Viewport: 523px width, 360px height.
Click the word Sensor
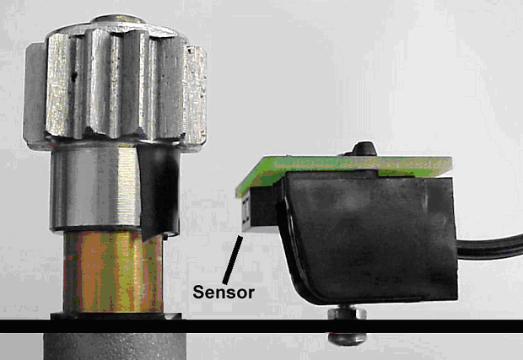tap(224, 292)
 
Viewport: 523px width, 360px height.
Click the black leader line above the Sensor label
tap(233, 260)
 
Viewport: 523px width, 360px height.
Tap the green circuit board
tap(343, 169)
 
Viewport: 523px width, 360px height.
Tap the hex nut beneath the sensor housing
tap(347, 314)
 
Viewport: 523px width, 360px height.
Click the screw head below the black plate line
tap(347, 339)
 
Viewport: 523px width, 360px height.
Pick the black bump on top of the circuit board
tap(364, 149)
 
